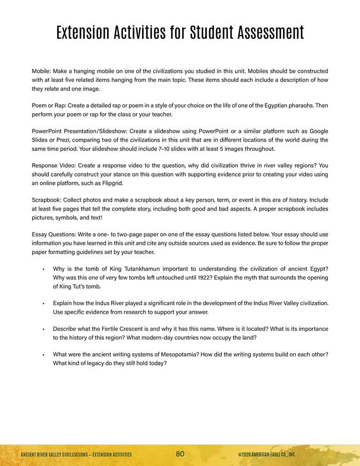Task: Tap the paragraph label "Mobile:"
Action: pos(41,71)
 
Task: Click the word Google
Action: pos(318,131)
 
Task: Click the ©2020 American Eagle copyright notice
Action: pos(266,454)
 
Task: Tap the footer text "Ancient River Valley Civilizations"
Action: pos(55,454)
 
